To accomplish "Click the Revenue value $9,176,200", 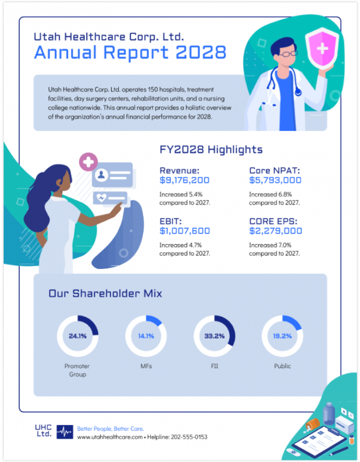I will [x=184, y=180].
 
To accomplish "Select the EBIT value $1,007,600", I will [x=184, y=231].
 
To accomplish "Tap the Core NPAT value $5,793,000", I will [x=275, y=180].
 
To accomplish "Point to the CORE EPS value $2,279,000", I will [x=275, y=231].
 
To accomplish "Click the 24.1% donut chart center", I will [x=77, y=336].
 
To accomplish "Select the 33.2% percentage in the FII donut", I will [x=214, y=336].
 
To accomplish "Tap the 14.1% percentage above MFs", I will [x=145, y=336].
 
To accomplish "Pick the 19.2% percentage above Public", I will [x=282, y=336].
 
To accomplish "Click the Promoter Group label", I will [x=77, y=370].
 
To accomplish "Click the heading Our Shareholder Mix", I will [x=105, y=294].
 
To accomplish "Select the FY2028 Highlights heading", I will [x=211, y=150].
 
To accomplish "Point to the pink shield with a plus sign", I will [x=323, y=47].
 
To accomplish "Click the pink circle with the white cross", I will [x=89, y=162].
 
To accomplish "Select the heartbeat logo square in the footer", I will [x=65, y=432].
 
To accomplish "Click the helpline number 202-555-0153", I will [x=188, y=437].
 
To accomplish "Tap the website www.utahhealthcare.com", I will [x=110, y=437].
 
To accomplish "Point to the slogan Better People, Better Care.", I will [x=110, y=428].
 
